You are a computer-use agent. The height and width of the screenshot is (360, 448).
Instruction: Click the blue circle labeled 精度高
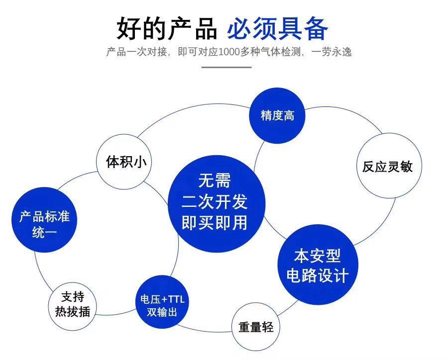[x=277, y=116]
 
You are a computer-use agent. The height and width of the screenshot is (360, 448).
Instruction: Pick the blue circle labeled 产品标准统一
[x=44, y=224]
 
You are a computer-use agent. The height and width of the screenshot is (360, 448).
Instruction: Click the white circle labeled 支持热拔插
[x=73, y=304]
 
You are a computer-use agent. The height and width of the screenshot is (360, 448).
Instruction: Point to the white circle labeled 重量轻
[x=256, y=327]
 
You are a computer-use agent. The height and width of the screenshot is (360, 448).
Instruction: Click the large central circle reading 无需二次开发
[x=215, y=202]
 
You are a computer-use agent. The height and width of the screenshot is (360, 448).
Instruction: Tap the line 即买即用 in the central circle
[x=215, y=223]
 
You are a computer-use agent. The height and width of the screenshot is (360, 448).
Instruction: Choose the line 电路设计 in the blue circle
[x=317, y=276]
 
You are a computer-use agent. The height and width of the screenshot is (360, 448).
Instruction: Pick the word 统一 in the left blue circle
[x=44, y=232]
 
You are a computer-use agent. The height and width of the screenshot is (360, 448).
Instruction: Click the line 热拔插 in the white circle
[x=73, y=312]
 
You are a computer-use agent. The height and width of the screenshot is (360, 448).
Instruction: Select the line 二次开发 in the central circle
[x=215, y=202]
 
